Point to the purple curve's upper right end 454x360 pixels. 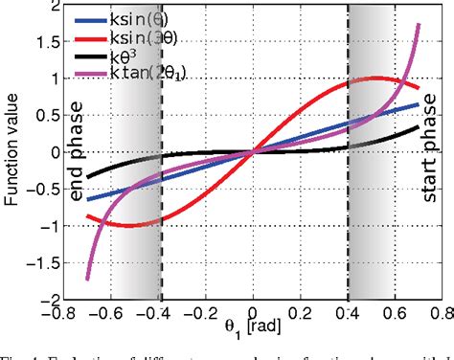coord(420,25)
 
